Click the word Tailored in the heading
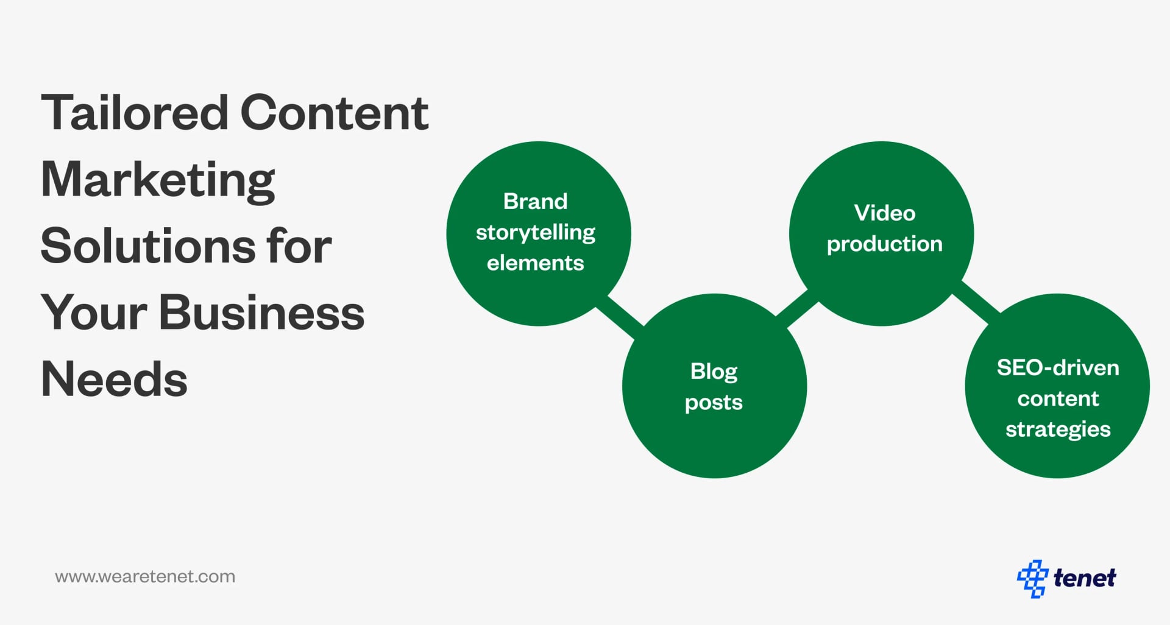click(135, 113)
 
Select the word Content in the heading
click(335, 113)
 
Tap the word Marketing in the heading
click(158, 180)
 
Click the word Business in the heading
click(261, 313)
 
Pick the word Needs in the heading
click(114, 380)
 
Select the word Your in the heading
click(94, 313)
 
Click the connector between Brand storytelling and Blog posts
click(620, 314)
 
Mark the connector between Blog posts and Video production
click(797, 309)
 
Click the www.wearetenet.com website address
click(145, 577)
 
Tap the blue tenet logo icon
click(1032, 578)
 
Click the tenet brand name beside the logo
click(1085, 578)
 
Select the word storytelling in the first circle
click(536, 233)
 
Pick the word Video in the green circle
click(885, 213)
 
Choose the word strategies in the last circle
click(1058, 429)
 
